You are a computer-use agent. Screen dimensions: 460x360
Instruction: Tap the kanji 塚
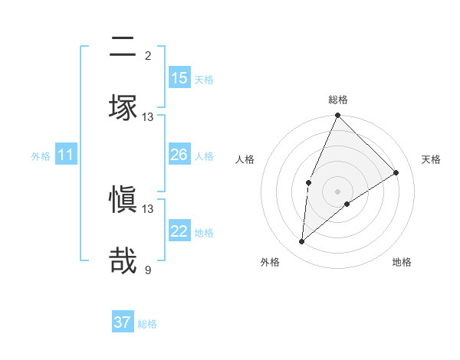(x=123, y=106)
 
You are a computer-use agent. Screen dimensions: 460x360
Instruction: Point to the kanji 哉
(x=123, y=260)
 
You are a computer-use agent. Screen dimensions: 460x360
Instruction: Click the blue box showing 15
(x=179, y=78)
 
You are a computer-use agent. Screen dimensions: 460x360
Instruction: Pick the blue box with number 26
(x=179, y=155)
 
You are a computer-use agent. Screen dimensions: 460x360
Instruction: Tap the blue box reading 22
(x=179, y=231)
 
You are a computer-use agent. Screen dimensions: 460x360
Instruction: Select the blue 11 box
(x=66, y=155)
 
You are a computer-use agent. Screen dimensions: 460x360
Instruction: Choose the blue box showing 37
(x=123, y=322)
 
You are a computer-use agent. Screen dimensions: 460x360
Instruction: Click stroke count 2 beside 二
(x=148, y=56)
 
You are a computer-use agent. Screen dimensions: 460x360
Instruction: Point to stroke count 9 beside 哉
(x=148, y=270)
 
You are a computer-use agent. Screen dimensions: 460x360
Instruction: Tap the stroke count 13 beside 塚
(x=148, y=117)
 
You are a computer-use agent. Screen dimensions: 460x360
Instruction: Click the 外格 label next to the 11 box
(x=41, y=155)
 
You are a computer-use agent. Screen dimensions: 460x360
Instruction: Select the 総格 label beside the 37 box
(x=147, y=323)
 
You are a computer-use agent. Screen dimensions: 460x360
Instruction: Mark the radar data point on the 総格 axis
(x=337, y=116)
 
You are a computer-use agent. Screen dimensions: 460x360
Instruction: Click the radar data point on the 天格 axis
(x=396, y=172)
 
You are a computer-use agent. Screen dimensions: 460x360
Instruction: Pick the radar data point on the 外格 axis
(x=301, y=242)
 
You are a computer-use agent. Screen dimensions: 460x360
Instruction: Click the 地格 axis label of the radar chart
(x=402, y=262)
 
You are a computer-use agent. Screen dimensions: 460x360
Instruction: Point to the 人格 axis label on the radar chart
(x=245, y=159)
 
